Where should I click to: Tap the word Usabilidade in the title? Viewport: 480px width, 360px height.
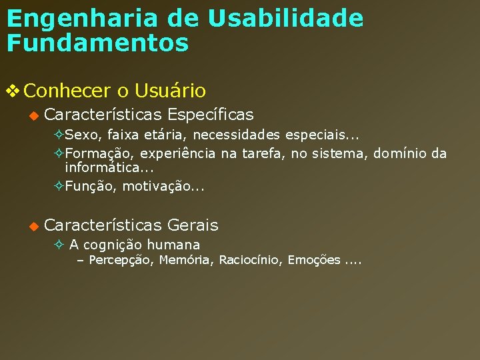pyautogui.click(x=286, y=19)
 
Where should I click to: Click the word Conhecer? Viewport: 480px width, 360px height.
pyautogui.click(x=67, y=90)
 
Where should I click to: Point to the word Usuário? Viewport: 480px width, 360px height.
pyautogui.click(x=170, y=90)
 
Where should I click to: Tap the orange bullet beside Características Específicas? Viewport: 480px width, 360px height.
pyautogui.click(x=33, y=115)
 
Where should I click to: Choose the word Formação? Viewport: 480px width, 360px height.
pyautogui.click(x=93, y=154)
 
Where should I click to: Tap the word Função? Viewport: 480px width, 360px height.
pyautogui.click(x=90, y=187)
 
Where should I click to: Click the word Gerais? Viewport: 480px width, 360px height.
pyautogui.click(x=193, y=225)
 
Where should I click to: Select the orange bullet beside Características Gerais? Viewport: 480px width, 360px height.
pyautogui.click(x=33, y=226)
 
